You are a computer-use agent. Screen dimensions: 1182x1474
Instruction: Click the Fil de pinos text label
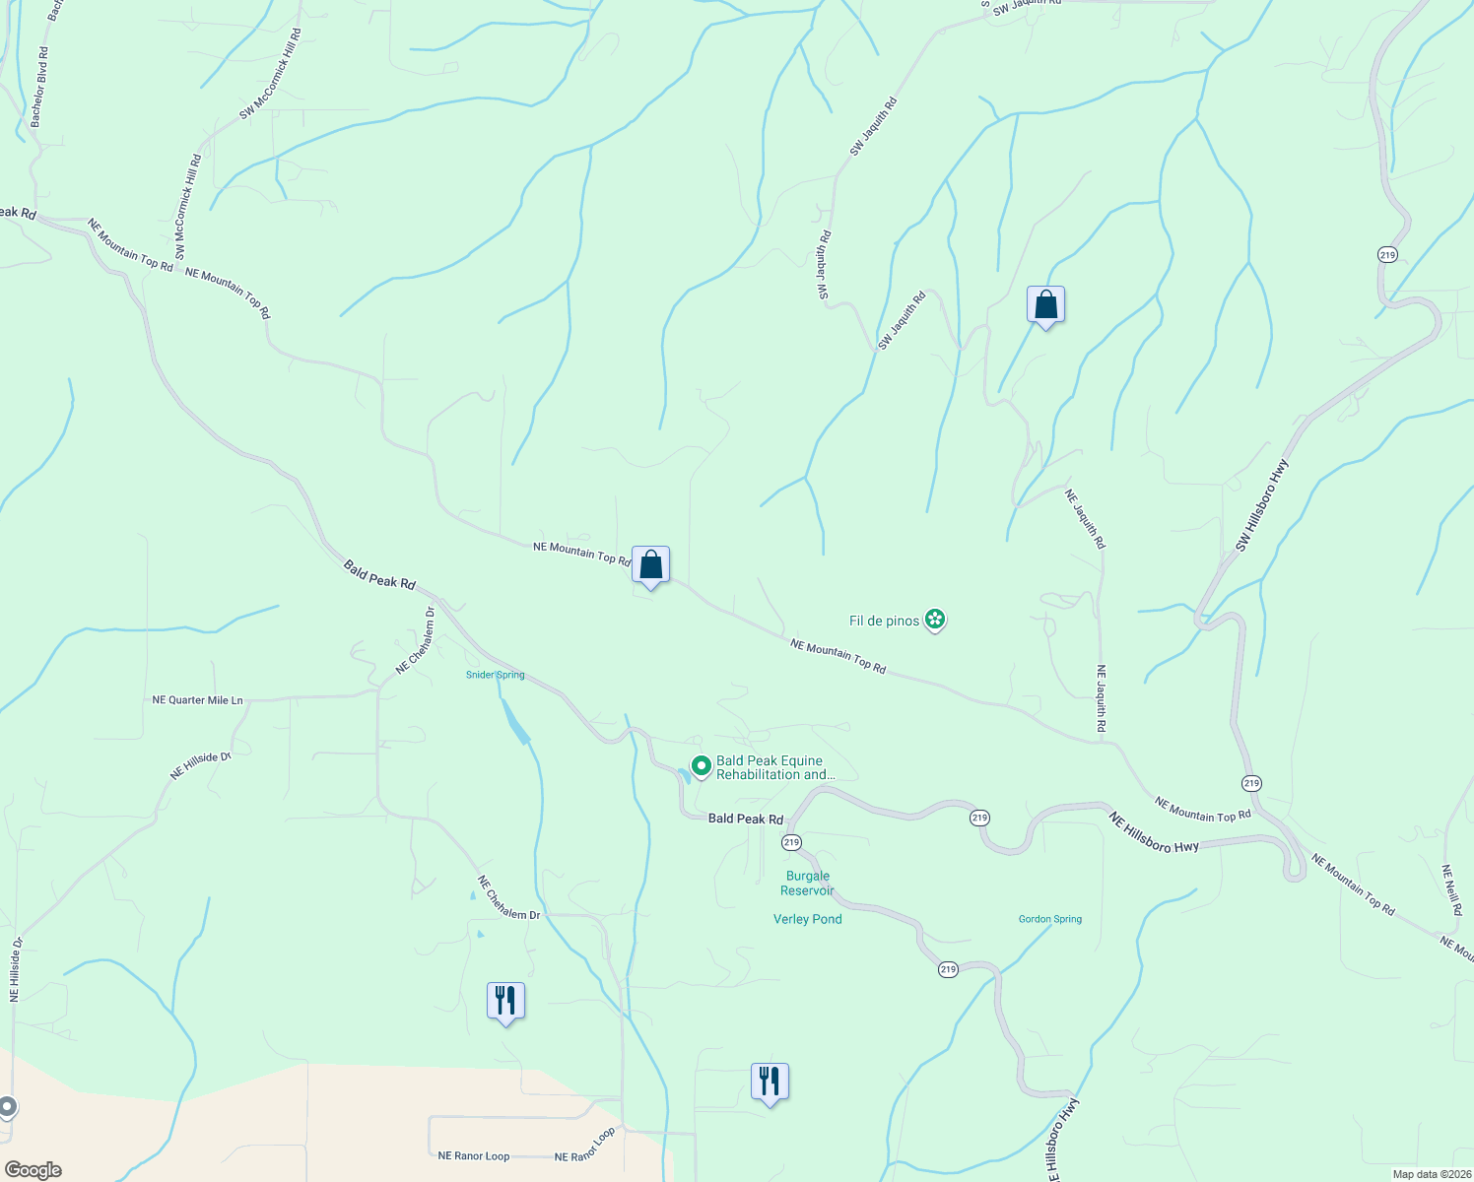(884, 621)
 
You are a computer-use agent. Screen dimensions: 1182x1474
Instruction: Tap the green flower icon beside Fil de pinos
(935, 620)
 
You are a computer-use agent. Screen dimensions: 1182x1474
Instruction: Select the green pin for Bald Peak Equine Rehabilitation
(701, 765)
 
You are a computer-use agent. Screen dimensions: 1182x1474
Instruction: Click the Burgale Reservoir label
(807, 884)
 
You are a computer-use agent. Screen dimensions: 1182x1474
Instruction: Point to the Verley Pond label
(807, 919)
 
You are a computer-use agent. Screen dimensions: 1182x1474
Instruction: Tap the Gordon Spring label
(1049, 919)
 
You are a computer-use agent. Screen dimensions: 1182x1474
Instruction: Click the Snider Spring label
(495, 675)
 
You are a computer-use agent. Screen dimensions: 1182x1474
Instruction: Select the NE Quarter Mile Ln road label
(197, 700)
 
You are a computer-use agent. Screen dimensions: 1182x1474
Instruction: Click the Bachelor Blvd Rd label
(39, 87)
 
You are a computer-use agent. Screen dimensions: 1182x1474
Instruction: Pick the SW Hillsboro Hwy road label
(1261, 505)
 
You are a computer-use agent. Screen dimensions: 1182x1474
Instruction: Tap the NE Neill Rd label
(1450, 890)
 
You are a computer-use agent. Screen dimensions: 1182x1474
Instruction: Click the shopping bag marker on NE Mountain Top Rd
(650, 565)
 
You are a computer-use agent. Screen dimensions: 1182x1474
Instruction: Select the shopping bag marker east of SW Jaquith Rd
(1045, 305)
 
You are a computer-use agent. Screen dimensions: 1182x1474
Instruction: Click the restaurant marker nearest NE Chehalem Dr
(505, 1001)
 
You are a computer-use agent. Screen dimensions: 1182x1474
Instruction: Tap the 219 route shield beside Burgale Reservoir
(791, 842)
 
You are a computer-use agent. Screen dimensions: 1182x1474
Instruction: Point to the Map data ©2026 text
(1430, 1174)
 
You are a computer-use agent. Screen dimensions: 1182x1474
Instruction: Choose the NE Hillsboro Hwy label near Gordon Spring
(1154, 832)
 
